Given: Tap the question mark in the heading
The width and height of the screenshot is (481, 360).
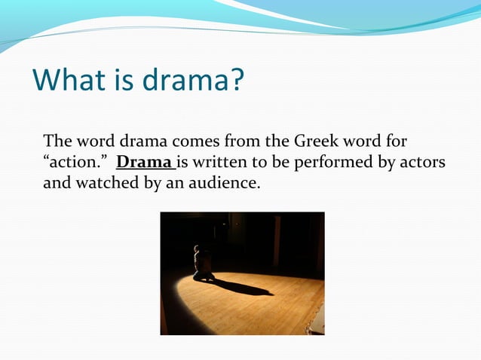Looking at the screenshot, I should (x=237, y=80).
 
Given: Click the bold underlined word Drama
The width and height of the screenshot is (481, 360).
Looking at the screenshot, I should (x=144, y=162).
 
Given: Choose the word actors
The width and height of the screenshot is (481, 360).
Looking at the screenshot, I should (x=423, y=162).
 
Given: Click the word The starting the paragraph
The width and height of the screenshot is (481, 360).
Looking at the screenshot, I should (x=57, y=142).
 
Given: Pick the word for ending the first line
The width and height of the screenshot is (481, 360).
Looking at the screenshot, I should (x=397, y=142).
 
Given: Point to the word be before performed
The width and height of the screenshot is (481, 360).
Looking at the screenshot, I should (x=272, y=162).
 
